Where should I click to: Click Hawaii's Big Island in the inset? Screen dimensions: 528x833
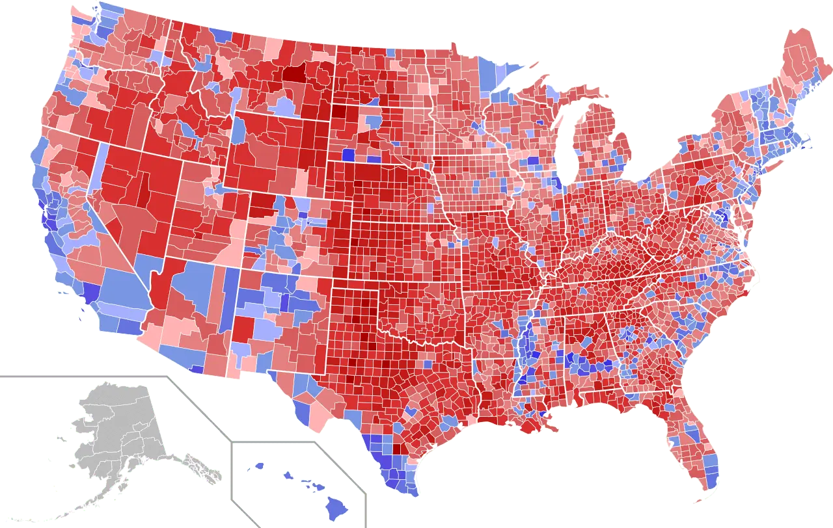click(x=336, y=504)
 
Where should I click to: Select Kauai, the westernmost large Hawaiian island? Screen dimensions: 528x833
click(x=258, y=466)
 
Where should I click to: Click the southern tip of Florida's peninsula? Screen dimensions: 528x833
click(x=706, y=484)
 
